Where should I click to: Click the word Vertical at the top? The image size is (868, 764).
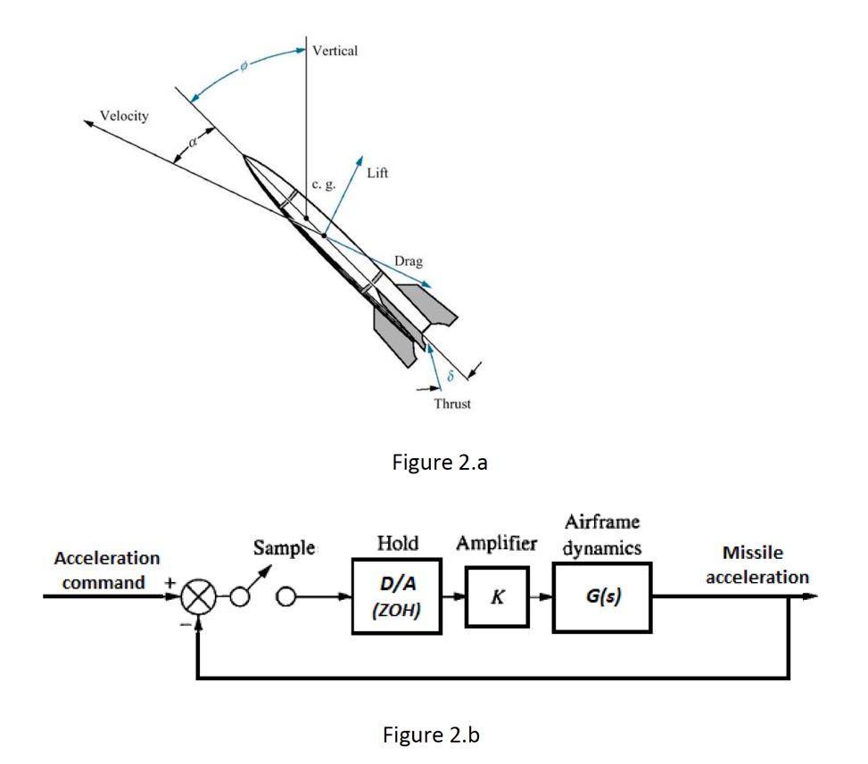tap(335, 51)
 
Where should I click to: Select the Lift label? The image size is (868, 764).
tap(377, 172)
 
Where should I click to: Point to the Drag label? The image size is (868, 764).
tap(409, 262)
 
